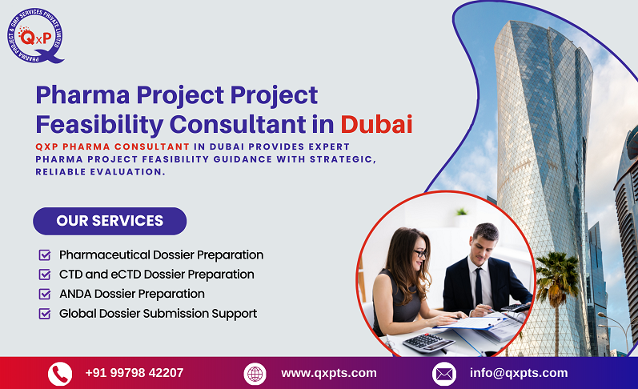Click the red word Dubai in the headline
(x=376, y=124)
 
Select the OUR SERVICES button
(x=110, y=221)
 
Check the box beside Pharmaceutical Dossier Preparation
(x=45, y=255)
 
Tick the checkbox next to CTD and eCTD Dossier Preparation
(x=45, y=275)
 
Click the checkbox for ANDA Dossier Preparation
(x=45, y=294)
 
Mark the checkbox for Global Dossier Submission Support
(x=45, y=314)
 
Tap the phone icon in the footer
(x=60, y=374)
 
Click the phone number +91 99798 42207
(x=134, y=373)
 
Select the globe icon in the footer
(x=255, y=374)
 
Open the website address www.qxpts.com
(x=328, y=373)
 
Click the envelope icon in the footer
(x=444, y=374)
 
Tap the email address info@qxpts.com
(x=519, y=373)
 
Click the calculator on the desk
(x=428, y=343)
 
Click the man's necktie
(x=479, y=286)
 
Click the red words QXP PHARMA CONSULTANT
(x=113, y=146)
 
